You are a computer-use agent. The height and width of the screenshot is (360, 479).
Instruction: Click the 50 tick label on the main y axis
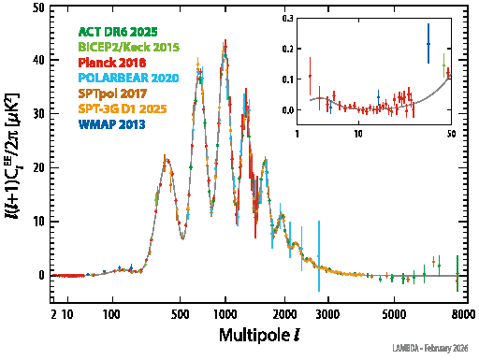pyautogui.click(x=38, y=7)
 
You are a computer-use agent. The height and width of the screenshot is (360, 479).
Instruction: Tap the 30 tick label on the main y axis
pyautogui.click(x=38, y=115)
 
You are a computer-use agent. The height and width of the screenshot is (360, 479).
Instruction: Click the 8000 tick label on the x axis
pyautogui.click(x=457, y=315)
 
